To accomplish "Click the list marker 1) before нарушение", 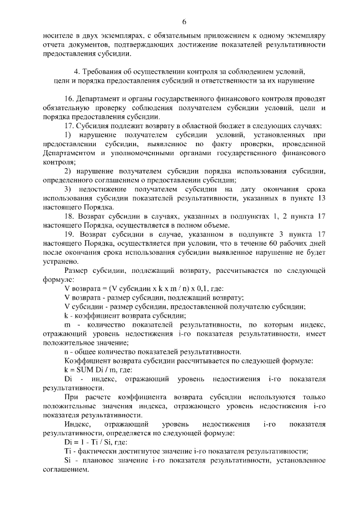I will [67, 135].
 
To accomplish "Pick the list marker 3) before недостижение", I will [67, 189].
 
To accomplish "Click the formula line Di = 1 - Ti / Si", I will [93, 442].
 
